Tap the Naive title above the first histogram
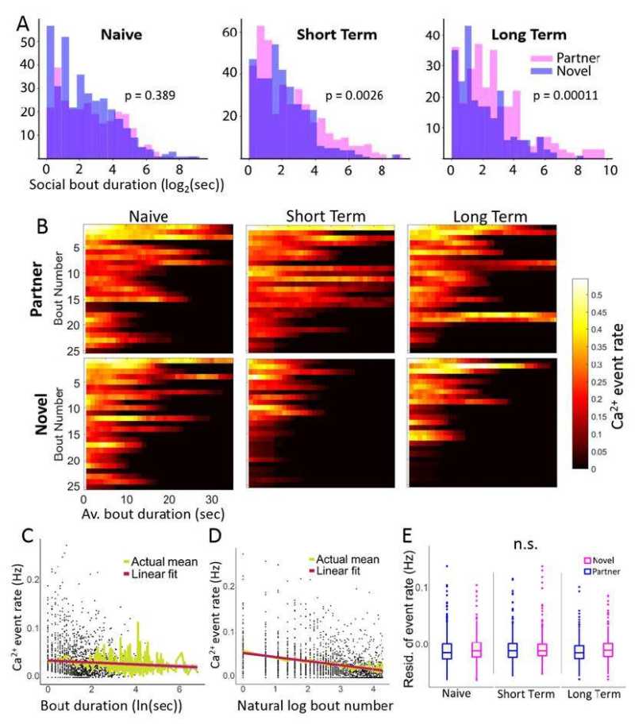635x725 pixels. click(x=126, y=35)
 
